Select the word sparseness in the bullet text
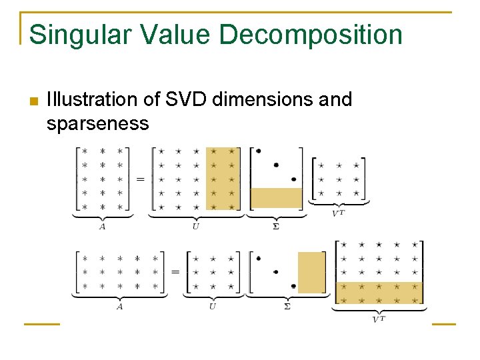97,123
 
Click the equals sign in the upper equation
141,179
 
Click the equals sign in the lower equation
175,272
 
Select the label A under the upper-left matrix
102,227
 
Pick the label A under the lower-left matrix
119,307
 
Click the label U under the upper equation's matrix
195,227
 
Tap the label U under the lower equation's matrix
212,307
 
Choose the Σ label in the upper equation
276,227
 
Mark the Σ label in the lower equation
287,307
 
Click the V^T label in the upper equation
339,213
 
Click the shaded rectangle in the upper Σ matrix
276,199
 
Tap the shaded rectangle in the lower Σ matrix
311,273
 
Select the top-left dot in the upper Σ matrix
258,151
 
